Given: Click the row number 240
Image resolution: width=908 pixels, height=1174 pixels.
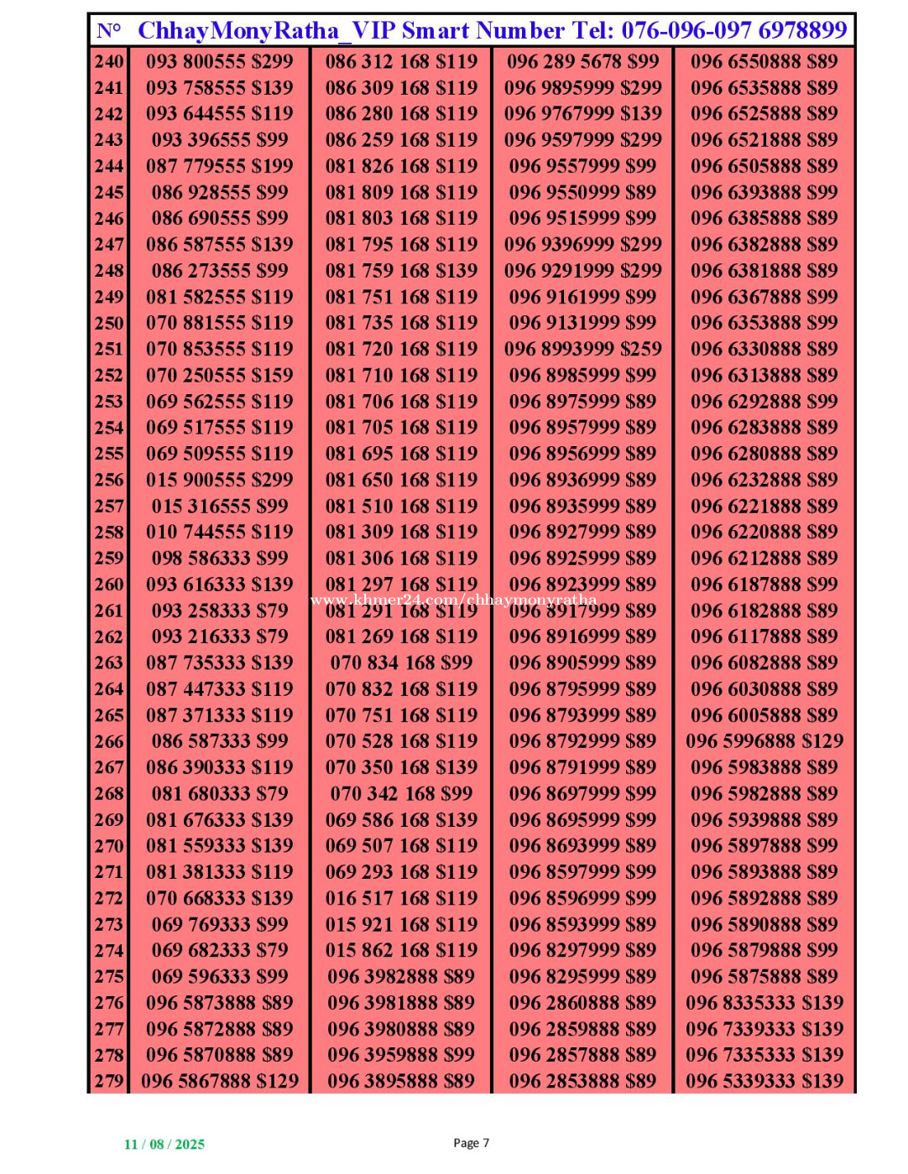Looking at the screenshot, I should [x=109, y=61].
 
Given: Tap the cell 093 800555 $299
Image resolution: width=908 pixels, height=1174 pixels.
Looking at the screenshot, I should [x=220, y=61].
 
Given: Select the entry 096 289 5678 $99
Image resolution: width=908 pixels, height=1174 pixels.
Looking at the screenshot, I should [x=583, y=61].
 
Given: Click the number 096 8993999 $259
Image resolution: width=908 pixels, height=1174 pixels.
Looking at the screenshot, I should [x=583, y=349].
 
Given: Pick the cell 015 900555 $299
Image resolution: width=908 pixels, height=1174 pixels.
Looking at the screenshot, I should [x=220, y=480].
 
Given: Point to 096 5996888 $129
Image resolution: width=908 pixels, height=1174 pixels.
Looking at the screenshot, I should [x=764, y=741].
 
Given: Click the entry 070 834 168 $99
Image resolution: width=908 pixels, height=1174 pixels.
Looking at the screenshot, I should [x=401, y=662].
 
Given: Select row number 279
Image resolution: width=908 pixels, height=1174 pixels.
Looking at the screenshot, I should [x=109, y=1081].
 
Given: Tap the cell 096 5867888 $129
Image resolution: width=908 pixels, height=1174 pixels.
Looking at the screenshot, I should [x=220, y=1081].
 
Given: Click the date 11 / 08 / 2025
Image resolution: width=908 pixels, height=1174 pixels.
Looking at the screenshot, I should [x=164, y=1145].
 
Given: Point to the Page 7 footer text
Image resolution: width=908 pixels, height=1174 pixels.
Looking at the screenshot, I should [x=471, y=1143].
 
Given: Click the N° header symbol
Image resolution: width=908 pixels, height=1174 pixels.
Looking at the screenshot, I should [x=109, y=31].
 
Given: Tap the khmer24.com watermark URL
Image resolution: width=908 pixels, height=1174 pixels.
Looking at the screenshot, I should [x=453, y=600].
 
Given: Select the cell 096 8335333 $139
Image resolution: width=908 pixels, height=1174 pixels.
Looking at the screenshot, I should [x=764, y=1003].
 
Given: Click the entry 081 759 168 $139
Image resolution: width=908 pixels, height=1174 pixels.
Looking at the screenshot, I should [x=401, y=271].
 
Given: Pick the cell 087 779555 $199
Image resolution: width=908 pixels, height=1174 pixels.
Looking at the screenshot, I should [x=220, y=166].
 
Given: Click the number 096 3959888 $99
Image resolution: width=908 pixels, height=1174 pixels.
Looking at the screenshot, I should [x=401, y=1055].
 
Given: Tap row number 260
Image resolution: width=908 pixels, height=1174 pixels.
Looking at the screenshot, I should [x=109, y=584].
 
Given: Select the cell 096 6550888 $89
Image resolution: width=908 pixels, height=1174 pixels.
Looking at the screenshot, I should [x=764, y=61].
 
